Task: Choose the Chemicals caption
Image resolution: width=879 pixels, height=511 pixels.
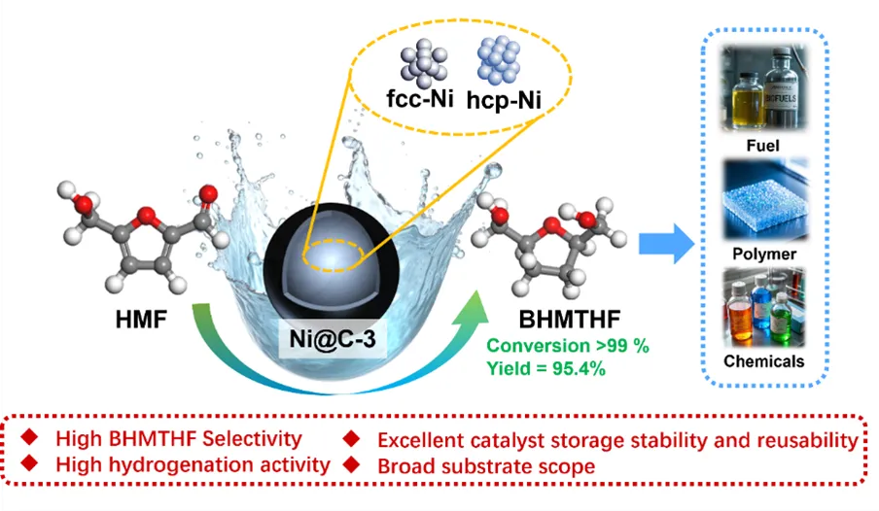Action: coord(764,361)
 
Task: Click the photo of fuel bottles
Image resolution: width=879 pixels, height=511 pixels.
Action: coord(764,90)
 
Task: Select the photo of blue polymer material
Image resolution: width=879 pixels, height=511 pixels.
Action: coord(764,199)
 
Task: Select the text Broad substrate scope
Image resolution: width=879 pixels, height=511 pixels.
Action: coord(485,465)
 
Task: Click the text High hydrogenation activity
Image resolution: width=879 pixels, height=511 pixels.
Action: coord(193,465)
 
